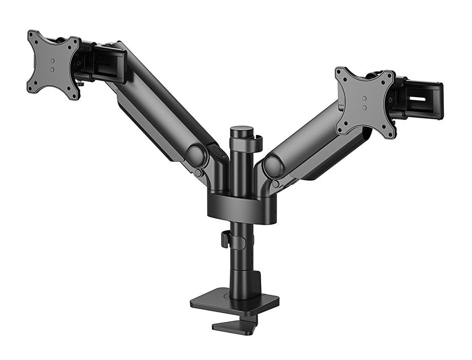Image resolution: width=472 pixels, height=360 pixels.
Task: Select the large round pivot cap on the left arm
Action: click(195, 155)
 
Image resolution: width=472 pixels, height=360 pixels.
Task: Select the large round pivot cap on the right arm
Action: click(273, 166)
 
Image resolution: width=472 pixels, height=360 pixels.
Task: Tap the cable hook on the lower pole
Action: click(225, 239)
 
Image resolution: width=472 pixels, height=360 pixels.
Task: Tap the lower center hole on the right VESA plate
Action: click(365, 107)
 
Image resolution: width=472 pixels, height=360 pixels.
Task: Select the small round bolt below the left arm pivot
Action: click(198, 173)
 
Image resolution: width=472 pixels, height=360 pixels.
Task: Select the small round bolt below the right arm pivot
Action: click(276, 184)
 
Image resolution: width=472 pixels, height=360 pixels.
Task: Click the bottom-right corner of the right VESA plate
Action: click(390, 135)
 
